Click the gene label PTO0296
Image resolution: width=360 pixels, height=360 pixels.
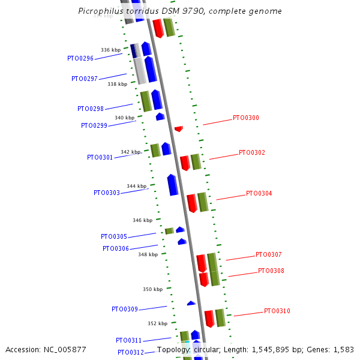tap(80, 59)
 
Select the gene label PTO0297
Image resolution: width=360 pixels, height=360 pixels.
tap(85, 79)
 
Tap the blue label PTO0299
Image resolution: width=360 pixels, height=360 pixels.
tap(94, 125)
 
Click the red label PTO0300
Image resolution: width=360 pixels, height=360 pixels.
tap(246, 118)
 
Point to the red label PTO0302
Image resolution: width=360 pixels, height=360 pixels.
tap(252, 152)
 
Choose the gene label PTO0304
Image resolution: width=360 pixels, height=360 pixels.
tap(259, 193)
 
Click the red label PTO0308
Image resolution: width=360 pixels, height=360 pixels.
tap(271, 271)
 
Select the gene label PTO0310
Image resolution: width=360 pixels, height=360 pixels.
tap(277, 311)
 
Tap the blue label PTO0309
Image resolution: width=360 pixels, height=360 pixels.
tap(125, 309)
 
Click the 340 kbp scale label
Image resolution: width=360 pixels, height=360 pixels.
tap(125, 118)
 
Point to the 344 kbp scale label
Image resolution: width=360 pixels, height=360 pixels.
tap(137, 186)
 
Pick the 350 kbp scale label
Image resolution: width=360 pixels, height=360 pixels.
tap(152, 289)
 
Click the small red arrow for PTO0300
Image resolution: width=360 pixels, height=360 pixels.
tap(178, 128)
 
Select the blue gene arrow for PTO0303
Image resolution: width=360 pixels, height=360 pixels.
tap(172, 185)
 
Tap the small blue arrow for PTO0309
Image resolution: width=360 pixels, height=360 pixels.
tap(191, 303)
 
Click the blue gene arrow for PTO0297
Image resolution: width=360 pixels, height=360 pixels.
tap(151, 69)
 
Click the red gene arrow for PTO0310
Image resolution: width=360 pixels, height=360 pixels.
tap(209, 319)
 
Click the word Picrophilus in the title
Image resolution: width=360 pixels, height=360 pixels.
tap(102, 11)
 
